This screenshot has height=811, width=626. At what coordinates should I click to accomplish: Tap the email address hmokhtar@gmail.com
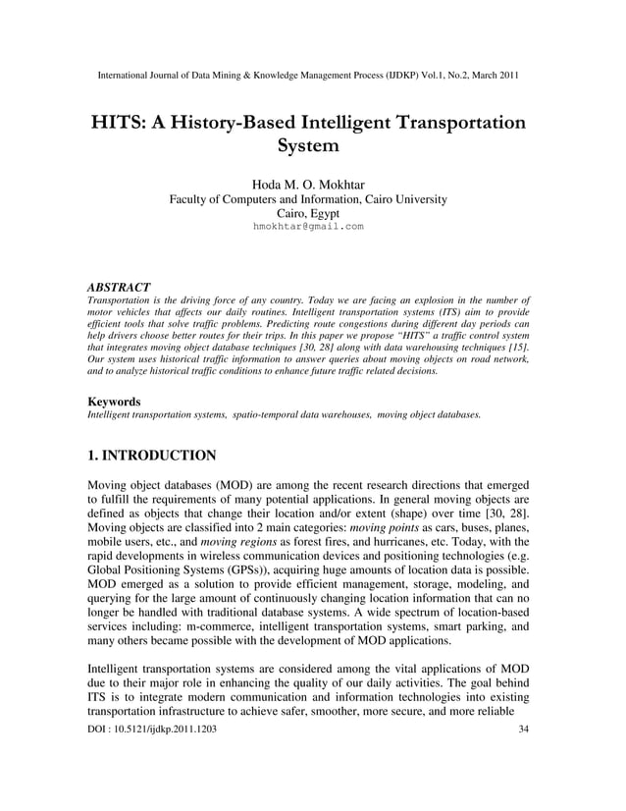pyautogui.click(x=308, y=226)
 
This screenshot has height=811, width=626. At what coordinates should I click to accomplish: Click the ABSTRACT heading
pyautogui.click(x=119, y=287)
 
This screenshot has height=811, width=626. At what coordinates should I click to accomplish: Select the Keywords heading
pyautogui.click(x=114, y=402)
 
